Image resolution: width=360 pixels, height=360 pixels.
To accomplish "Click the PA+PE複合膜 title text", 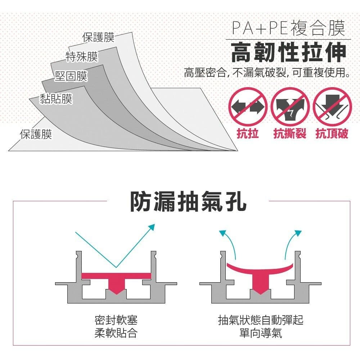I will coord(288,28).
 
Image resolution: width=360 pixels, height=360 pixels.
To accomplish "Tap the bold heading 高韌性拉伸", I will coord(288,53).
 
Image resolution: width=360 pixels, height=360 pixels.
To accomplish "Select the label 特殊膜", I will coord(82,57).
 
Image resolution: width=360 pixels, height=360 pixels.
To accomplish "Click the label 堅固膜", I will coord(71,76).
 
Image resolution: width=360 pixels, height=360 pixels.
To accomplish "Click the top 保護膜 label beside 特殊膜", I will coord(98,37).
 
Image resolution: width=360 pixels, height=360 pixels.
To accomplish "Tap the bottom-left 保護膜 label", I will coord(36,134).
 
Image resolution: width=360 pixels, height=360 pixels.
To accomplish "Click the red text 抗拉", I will coord(248,134).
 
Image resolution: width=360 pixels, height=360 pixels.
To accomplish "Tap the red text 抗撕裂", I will coord(290,134).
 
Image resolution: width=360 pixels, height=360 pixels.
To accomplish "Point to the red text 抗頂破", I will coord(332,134).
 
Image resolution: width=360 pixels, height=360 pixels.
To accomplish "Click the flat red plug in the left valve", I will coord(116,279).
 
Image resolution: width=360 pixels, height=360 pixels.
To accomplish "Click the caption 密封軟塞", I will coord(116,320).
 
